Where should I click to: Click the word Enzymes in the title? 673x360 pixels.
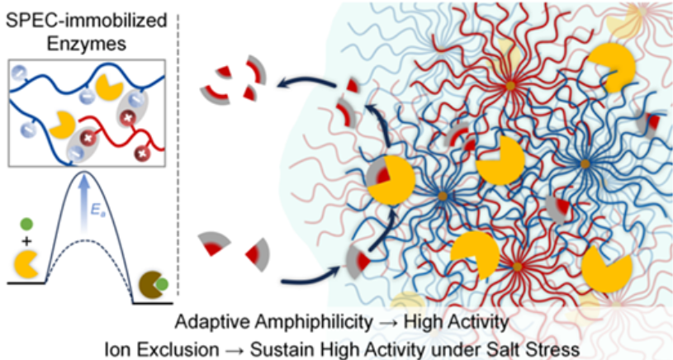[86, 44]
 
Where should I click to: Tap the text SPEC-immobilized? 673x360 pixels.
[86, 21]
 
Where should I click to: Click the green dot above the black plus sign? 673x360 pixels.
[26, 224]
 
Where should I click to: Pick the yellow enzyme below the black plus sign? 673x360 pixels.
[26, 265]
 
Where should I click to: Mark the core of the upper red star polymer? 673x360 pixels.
[510, 86]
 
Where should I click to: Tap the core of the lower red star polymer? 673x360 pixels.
[517, 267]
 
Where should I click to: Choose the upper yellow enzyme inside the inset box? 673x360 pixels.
[109, 87]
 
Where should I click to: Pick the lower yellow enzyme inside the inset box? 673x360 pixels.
[63, 125]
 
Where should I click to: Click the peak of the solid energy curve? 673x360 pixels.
[84, 171]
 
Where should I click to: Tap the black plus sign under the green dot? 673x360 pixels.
[26, 242]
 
